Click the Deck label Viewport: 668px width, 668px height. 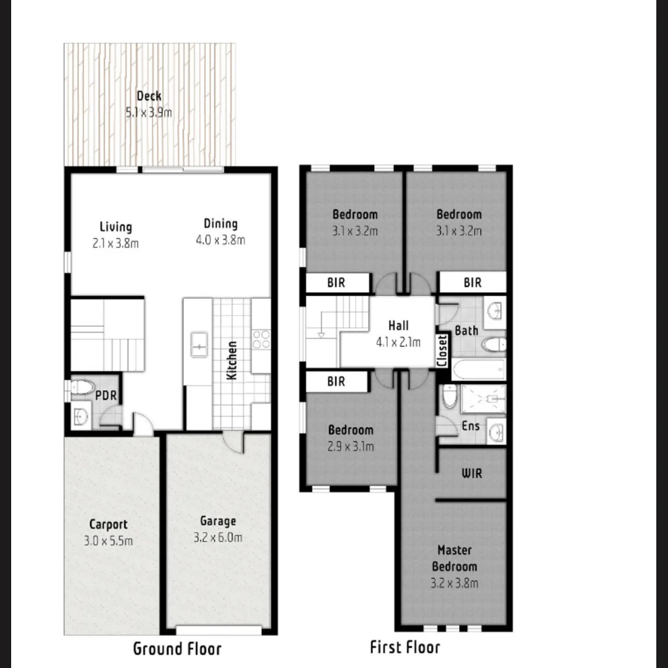coord(149,96)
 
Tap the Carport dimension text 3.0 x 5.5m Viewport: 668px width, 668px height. coord(108,541)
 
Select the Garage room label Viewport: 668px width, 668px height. coord(218,521)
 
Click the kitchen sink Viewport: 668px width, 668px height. coord(199,345)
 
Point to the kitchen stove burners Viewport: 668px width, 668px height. coord(261,339)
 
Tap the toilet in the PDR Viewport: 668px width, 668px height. coord(80,388)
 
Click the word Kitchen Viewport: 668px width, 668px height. coord(232,360)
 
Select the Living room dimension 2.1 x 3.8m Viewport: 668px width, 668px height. coord(116,244)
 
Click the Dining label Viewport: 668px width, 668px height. coord(221,224)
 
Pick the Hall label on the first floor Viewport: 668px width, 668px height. coord(398,325)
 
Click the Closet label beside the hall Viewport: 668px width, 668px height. coord(442,351)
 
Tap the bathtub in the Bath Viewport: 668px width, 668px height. coord(478,370)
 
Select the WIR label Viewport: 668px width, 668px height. coord(472,474)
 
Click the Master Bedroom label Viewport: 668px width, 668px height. coord(455,558)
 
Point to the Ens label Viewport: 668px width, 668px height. coord(471,426)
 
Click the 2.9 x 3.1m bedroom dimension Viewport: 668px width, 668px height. coord(351,447)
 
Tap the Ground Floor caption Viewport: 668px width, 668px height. coord(177,649)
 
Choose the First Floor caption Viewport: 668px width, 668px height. coord(405,648)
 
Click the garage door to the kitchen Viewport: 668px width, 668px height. coord(234,441)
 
